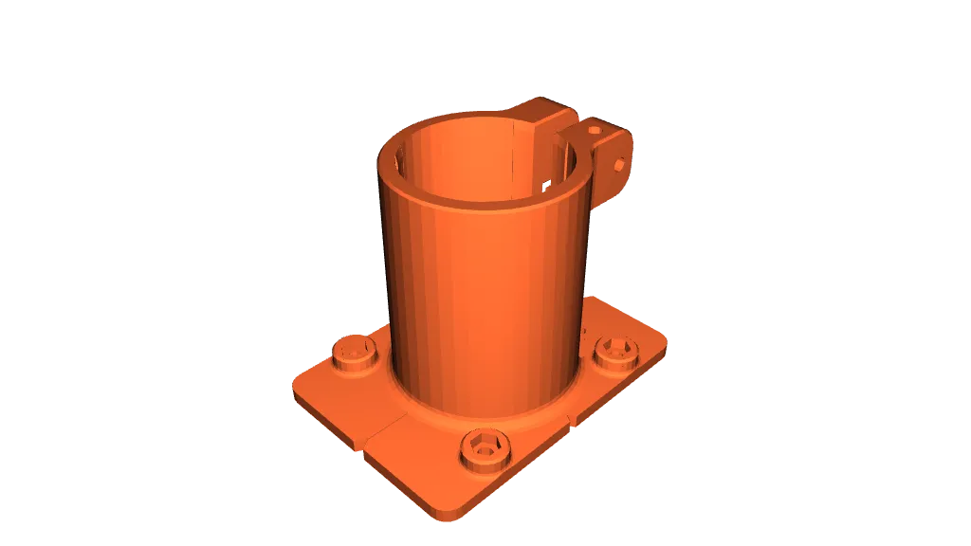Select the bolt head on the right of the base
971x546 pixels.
615,353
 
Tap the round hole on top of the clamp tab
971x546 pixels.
594,129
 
